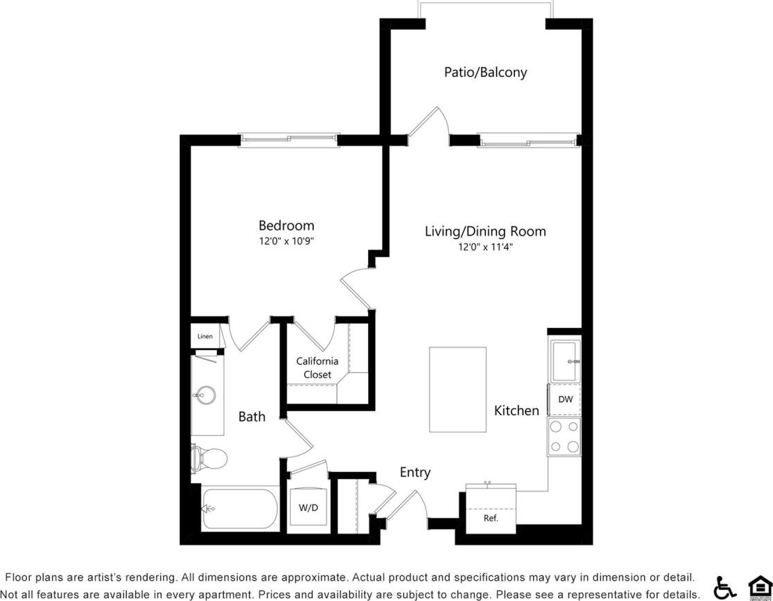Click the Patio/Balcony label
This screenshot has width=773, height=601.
[x=485, y=72]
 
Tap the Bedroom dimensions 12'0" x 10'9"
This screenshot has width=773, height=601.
[x=286, y=241]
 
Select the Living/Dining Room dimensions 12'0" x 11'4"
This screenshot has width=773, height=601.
[x=485, y=247]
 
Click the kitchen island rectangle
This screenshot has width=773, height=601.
[x=458, y=390]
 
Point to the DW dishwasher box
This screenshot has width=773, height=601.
[x=565, y=399]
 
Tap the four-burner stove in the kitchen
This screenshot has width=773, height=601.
[x=564, y=437]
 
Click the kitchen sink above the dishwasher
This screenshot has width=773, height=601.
[x=565, y=360]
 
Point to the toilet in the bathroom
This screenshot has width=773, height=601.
[x=211, y=458]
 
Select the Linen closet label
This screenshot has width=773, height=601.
[x=205, y=336]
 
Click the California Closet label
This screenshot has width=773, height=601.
[x=318, y=367]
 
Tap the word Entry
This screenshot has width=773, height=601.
[x=415, y=472]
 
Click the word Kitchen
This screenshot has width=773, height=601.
[x=516, y=410]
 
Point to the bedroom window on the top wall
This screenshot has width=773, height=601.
[x=289, y=140]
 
